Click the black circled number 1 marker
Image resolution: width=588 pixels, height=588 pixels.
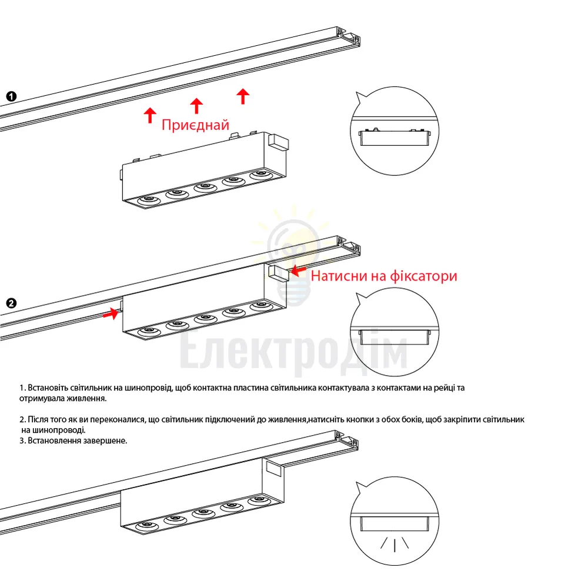(11, 96)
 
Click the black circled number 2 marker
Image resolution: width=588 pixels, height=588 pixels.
(11, 303)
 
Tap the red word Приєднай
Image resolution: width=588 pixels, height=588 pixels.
(195, 125)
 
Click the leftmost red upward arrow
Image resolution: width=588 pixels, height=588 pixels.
(150, 115)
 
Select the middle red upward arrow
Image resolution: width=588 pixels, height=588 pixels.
(196, 106)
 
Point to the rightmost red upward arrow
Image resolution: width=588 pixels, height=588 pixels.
(243, 96)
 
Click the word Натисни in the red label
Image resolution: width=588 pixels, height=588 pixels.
(339, 276)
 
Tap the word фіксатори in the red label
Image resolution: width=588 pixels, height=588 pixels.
(423, 276)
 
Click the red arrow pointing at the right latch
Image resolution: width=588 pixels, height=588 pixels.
(299, 270)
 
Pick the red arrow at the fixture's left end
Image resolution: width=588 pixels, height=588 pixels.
(111, 314)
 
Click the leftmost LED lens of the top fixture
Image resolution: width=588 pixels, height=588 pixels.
(149, 201)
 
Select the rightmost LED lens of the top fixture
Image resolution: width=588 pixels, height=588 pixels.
(261, 175)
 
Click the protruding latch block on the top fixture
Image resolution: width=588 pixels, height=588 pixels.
(278, 142)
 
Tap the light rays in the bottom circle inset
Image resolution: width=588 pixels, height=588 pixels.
(395, 544)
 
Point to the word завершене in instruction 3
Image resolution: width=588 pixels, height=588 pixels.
(105, 440)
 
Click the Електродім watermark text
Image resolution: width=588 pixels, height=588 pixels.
(293, 352)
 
